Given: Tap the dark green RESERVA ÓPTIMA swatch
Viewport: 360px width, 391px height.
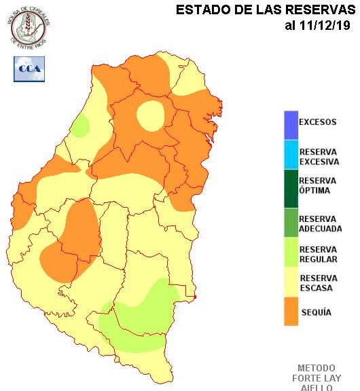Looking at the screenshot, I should click(291, 185).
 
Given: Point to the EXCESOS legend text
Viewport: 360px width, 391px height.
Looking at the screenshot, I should click(317, 123).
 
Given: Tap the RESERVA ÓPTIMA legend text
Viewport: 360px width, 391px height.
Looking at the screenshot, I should click(317, 185).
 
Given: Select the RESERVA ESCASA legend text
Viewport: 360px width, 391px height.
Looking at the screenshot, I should click(318, 283).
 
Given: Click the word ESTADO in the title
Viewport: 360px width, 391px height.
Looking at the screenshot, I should click(200, 10).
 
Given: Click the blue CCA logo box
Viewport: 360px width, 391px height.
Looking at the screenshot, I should click(28, 69).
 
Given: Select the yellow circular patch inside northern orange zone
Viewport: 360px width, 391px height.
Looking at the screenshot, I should click(151, 115).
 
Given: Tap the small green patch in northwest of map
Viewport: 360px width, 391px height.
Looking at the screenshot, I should click(81, 126).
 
